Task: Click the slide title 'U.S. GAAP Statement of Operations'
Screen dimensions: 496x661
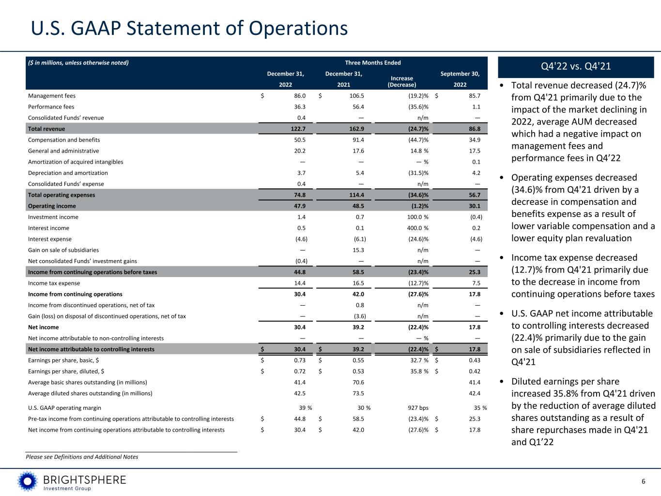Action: (189, 28)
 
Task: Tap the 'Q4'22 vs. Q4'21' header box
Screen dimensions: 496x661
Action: (576, 66)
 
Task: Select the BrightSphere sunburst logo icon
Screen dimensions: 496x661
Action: (28, 481)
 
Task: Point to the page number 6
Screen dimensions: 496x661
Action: (644, 481)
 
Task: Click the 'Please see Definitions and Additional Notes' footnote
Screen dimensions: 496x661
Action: (82, 457)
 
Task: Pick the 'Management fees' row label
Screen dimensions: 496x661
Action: (52, 96)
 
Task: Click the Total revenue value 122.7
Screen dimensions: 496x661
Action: (297, 129)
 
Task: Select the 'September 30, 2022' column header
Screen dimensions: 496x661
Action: (460, 79)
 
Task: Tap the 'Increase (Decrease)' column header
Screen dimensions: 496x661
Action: (402, 81)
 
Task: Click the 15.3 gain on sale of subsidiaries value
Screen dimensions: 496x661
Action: (359, 250)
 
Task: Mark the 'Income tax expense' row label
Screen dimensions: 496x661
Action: (54, 283)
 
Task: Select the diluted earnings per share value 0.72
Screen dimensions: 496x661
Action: (299, 371)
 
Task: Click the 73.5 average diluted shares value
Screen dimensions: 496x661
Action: (359, 393)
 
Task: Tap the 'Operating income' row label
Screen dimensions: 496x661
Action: (52, 206)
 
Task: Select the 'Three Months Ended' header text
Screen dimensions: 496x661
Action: (372, 62)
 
